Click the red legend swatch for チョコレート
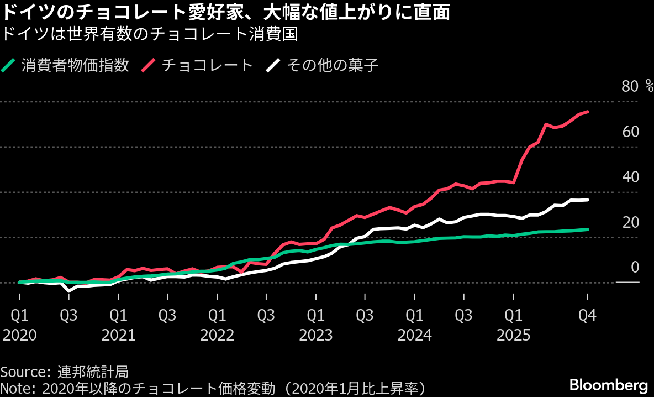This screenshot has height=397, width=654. click(149, 65)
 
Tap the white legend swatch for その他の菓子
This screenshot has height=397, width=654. click(273, 65)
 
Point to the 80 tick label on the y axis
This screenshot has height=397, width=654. click(630, 86)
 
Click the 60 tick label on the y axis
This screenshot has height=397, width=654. click(630, 132)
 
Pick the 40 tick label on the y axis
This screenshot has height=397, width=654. click(630, 177)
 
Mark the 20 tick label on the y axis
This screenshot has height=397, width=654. click(630, 222)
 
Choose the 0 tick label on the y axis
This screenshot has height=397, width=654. click(635, 268)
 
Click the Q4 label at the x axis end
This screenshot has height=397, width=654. click(587, 315)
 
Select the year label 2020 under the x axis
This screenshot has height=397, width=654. click(20, 335)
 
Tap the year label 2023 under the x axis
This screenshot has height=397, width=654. click(316, 335)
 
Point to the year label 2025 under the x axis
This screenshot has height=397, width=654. click(513, 335)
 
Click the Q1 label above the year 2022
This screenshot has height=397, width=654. click(217, 315)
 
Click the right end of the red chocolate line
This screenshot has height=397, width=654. click(587, 112)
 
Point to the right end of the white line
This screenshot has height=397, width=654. click(587, 200)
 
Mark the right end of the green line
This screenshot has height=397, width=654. click(587, 229)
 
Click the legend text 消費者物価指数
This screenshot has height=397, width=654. click(76, 65)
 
